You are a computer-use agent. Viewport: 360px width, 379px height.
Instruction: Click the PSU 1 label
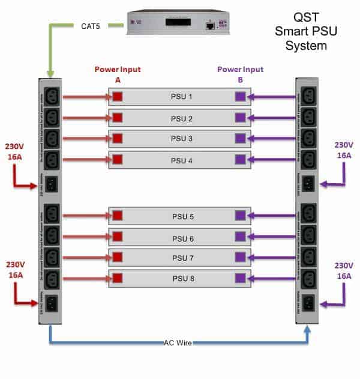180,97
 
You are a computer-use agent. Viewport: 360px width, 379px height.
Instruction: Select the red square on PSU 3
118,138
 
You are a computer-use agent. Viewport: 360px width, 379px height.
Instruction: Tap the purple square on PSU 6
240,238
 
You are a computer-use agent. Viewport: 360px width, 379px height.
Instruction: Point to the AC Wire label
179,342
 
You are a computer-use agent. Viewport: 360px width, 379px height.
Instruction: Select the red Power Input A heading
118,74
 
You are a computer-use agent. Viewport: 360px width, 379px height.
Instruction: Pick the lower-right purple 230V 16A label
344,270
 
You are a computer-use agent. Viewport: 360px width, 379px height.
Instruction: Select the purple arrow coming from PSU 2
274,118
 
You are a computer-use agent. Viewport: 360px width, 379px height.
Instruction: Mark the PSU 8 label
180,278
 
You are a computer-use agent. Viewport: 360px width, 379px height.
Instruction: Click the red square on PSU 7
118,258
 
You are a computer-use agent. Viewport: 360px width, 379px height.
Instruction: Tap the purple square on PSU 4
240,160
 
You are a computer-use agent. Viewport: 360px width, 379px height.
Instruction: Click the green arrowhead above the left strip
50,73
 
